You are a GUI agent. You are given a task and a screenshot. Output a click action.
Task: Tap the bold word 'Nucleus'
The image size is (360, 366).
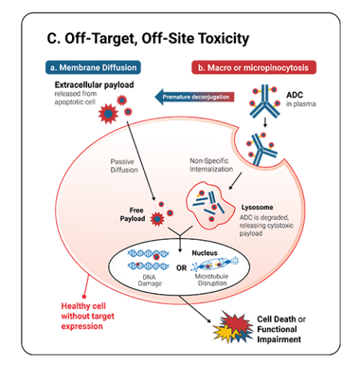point(204,253)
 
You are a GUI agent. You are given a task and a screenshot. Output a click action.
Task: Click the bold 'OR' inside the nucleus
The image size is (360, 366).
point(180,268)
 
